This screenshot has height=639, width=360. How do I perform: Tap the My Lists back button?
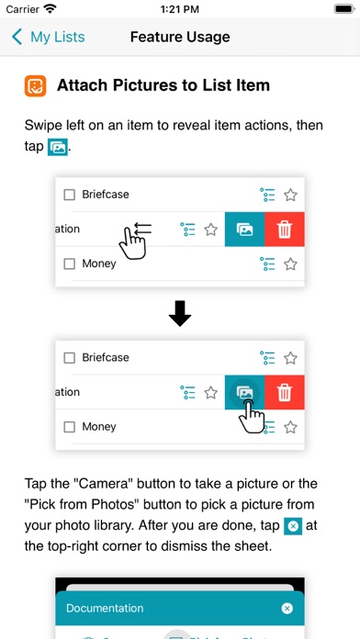pos(48,37)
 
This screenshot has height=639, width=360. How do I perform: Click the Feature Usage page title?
pos(180,37)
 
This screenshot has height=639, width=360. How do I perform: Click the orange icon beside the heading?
pos(35,86)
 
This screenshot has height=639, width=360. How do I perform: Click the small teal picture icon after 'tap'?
pos(58,147)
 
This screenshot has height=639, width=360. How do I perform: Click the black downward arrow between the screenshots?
pos(180,314)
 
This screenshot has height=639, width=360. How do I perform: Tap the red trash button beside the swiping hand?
pos(284,230)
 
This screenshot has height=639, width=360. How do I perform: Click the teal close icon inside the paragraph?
pos(293,526)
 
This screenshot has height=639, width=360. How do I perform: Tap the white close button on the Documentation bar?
pos(287,609)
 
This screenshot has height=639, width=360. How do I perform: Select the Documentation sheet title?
pos(105,608)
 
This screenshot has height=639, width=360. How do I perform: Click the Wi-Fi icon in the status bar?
pos(51,9)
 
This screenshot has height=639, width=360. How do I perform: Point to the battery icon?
pos(344,9)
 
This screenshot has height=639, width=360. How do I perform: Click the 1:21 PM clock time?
pos(180,9)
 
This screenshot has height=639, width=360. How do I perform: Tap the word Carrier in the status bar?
pos(22,9)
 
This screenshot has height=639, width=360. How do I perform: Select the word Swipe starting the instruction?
pos(44,125)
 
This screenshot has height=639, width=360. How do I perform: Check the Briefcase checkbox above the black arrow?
pos(69,195)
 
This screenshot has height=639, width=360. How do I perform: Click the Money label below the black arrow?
pos(99,427)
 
